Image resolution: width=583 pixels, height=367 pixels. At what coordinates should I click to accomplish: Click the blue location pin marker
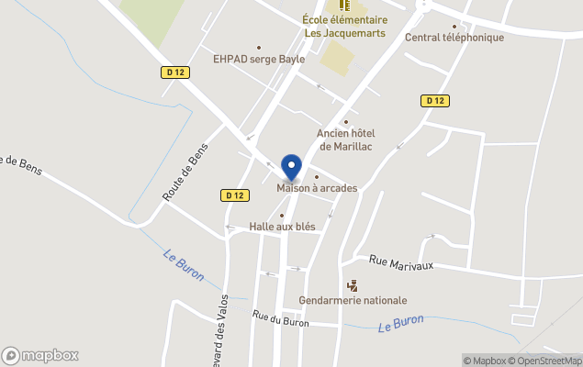[x=292, y=168]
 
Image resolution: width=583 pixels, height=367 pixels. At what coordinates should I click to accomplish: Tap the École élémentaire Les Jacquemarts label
[x=344, y=27]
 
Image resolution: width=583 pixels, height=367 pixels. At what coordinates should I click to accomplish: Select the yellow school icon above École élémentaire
[x=331, y=6]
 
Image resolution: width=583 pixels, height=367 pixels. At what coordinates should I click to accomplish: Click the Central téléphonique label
[x=454, y=38]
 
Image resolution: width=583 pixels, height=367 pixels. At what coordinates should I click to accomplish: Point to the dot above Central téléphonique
[x=454, y=27]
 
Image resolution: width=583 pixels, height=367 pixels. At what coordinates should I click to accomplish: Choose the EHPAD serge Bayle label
[x=259, y=59]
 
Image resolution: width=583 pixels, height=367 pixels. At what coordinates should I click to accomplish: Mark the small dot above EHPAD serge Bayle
[x=259, y=48]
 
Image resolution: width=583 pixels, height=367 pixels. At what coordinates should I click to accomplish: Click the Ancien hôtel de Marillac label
[x=346, y=139]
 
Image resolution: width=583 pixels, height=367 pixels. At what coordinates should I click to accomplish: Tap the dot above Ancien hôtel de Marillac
[x=346, y=122]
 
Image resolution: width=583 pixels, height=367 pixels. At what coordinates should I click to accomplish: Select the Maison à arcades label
[x=317, y=188]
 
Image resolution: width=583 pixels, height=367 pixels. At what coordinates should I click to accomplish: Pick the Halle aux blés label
[x=282, y=226]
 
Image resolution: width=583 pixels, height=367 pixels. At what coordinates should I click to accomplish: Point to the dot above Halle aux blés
[x=282, y=216]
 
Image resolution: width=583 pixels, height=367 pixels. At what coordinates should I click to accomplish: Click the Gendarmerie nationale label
[x=353, y=300]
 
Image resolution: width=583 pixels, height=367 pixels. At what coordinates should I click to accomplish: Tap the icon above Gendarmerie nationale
[x=352, y=285]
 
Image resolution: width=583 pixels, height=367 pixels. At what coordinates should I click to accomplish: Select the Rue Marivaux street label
[x=400, y=263]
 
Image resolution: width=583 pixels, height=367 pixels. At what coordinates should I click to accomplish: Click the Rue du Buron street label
[x=281, y=318]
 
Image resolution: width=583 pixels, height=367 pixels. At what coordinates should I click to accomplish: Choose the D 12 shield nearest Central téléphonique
[x=435, y=100]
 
